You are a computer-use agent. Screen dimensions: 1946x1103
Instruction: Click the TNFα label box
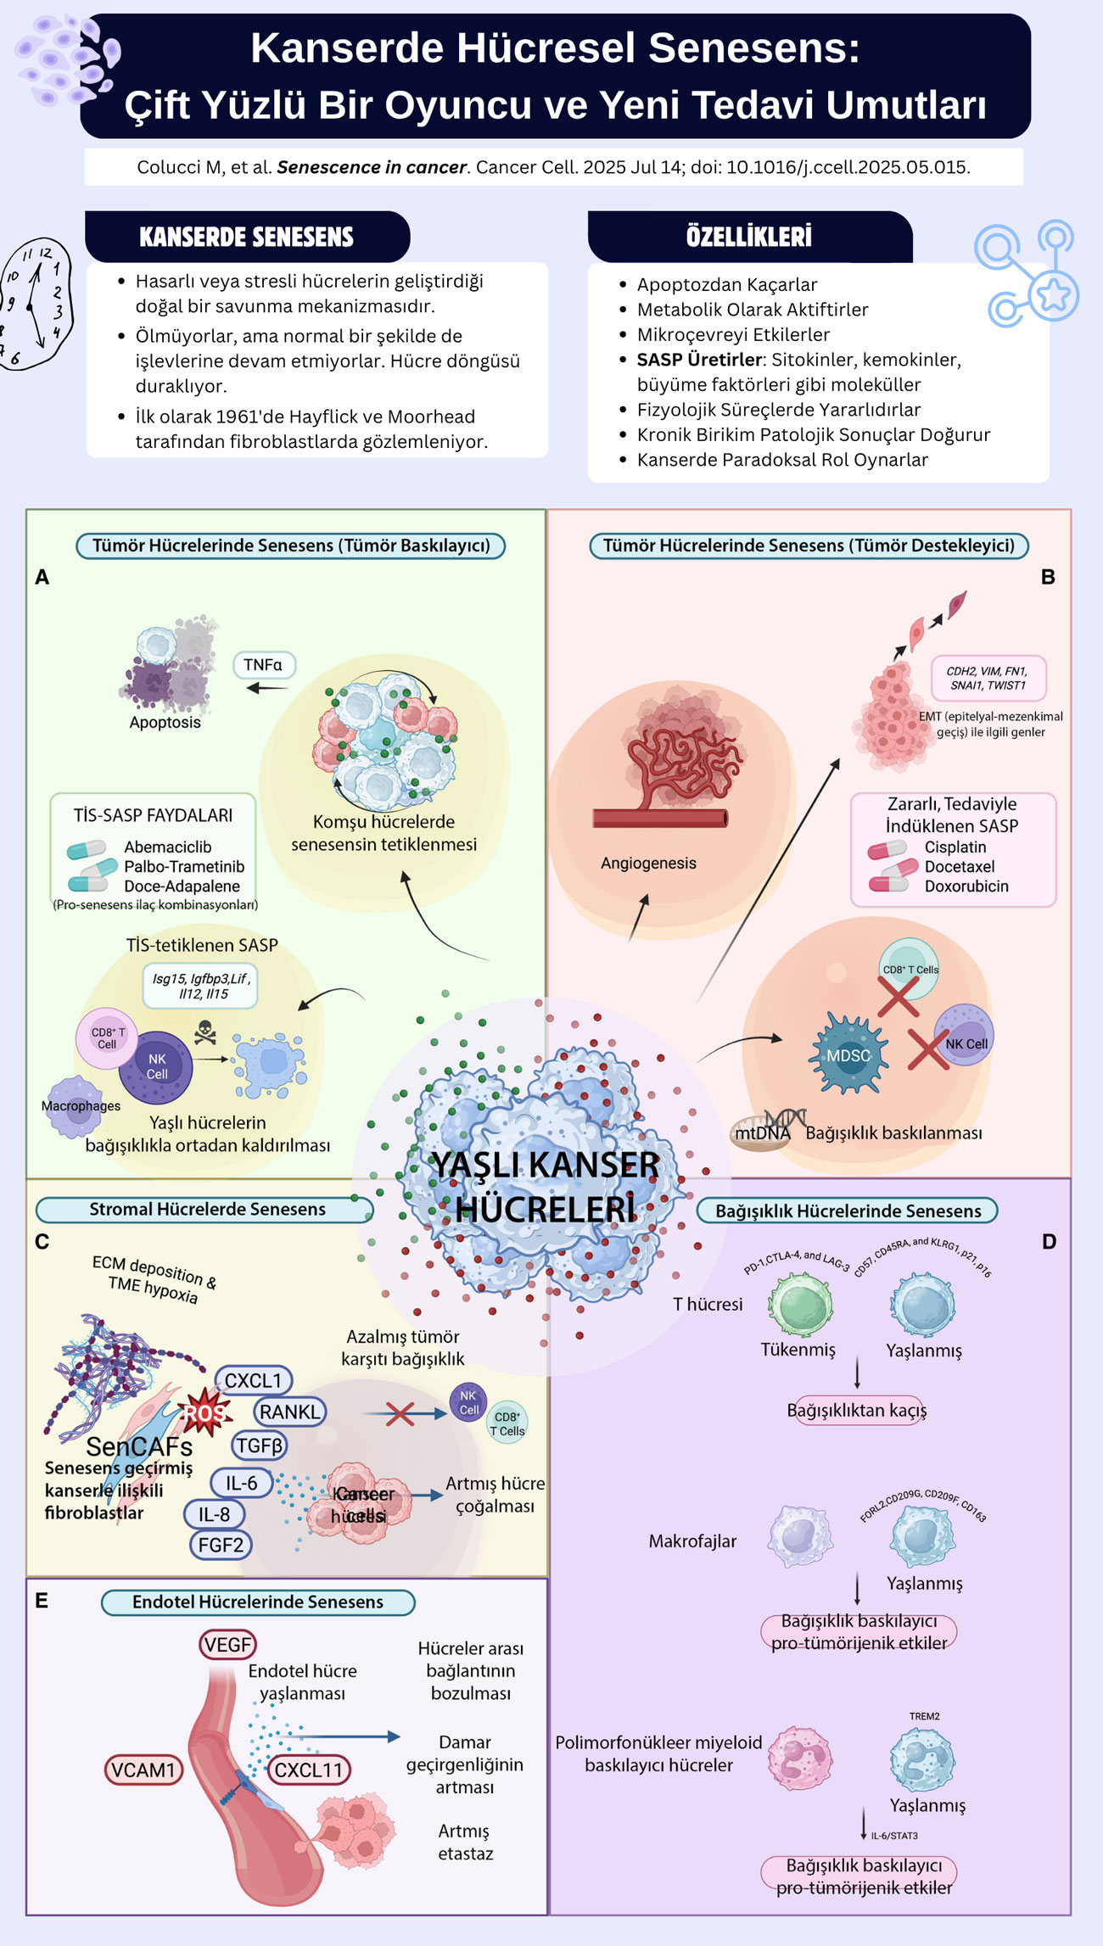point(264,665)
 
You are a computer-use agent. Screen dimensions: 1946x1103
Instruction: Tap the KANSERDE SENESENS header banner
point(247,237)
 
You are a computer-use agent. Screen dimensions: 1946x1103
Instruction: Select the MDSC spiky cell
point(849,1055)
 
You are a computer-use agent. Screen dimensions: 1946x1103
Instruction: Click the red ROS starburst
point(204,1412)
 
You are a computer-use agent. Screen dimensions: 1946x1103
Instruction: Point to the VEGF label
point(227,1644)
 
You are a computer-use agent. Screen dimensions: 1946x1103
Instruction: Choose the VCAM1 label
point(143,1770)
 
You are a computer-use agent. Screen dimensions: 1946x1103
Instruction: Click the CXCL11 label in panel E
point(308,1770)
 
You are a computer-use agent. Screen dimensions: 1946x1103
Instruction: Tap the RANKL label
point(289,1412)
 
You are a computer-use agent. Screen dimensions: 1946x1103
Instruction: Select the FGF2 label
point(221,1545)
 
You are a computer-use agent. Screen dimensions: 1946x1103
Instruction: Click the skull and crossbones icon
point(204,1032)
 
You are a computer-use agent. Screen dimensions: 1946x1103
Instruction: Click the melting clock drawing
point(36,303)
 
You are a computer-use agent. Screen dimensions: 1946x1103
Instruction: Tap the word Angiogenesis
point(648,863)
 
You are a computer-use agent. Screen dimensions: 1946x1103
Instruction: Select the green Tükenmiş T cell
point(800,1305)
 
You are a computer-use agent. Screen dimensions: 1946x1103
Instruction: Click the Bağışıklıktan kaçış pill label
point(856,1410)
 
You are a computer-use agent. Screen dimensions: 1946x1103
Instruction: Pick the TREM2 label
point(924,1716)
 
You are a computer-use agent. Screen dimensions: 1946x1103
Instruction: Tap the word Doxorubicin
point(966,886)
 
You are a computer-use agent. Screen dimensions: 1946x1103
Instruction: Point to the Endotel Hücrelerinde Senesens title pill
point(258,1602)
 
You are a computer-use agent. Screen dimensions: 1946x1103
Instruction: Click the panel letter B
point(1048,577)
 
